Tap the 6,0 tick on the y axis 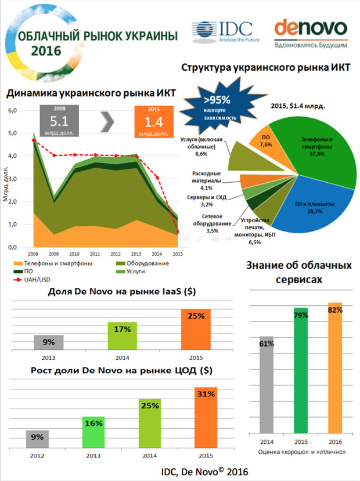coord(12,110)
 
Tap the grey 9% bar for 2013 coord(48,342)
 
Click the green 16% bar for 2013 coord(93,431)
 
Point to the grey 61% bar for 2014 coord(267,383)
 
